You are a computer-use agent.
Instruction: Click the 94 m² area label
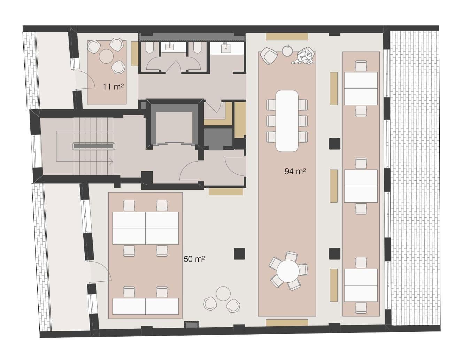click(x=295, y=171)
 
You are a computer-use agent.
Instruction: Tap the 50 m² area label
click(x=194, y=259)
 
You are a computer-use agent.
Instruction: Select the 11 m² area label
click(x=113, y=87)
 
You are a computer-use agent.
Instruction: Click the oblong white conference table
click(x=287, y=120)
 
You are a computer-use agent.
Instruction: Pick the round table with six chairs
click(x=288, y=271)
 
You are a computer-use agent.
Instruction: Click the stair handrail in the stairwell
click(x=93, y=146)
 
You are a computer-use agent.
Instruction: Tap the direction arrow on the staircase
click(x=110, y=161)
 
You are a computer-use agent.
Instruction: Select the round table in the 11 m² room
click(x=106, y=56)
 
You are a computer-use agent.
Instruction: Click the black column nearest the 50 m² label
click(x=240, y=253)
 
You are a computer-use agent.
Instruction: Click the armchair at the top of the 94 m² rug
click(x=269, y=55)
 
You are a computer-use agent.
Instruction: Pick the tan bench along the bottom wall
click(x=287, y=323)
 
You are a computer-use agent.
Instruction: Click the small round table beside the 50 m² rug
click(x=223, y=294)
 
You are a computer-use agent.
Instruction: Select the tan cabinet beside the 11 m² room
click(x=135, y=54)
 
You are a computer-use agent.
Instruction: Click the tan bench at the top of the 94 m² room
click(x=287, y=36)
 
